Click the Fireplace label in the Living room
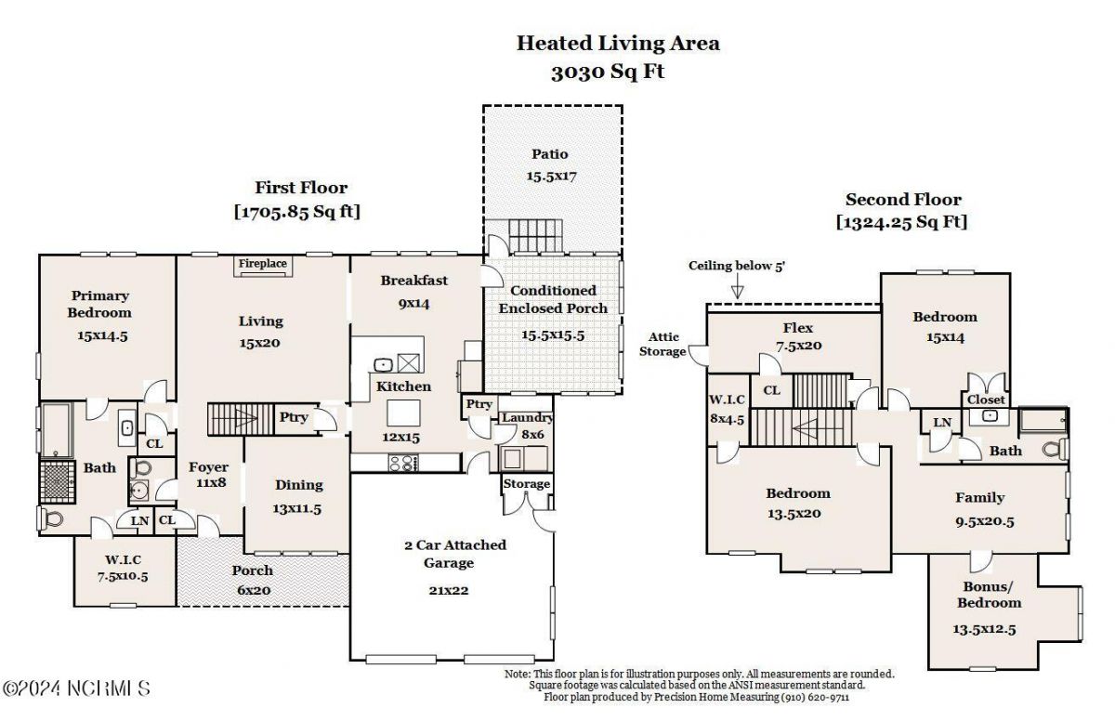(x=263, y=265)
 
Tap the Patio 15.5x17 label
(x=550, y=164)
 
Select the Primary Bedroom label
(x=99, y=304)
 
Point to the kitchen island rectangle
(x=403, y=412)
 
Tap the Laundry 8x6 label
(x=527, y=426)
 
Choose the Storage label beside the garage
(x=527, y=484)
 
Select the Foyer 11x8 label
(x=209, y=475)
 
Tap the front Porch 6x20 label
(x=253, y=578)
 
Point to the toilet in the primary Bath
(x=50, y=518)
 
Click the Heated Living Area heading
(x=618, y=43)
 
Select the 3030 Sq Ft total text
(x=608, y=72)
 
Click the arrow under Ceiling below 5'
(x=737, y=291)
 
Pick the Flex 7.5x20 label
(x=797, y=335)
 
